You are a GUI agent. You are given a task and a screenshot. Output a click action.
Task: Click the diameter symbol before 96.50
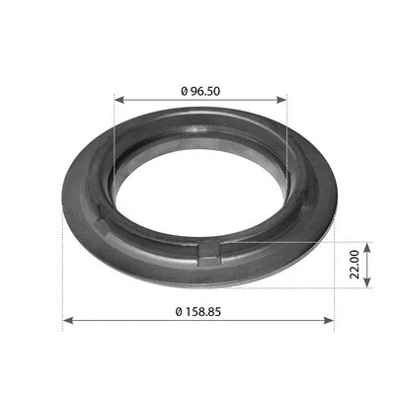[185, 90]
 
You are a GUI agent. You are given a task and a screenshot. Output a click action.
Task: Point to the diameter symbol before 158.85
[179, 311]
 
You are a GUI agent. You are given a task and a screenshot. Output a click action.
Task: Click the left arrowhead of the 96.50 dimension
[118, 99]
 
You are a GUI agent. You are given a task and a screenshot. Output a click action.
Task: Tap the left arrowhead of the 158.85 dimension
[67, 320]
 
